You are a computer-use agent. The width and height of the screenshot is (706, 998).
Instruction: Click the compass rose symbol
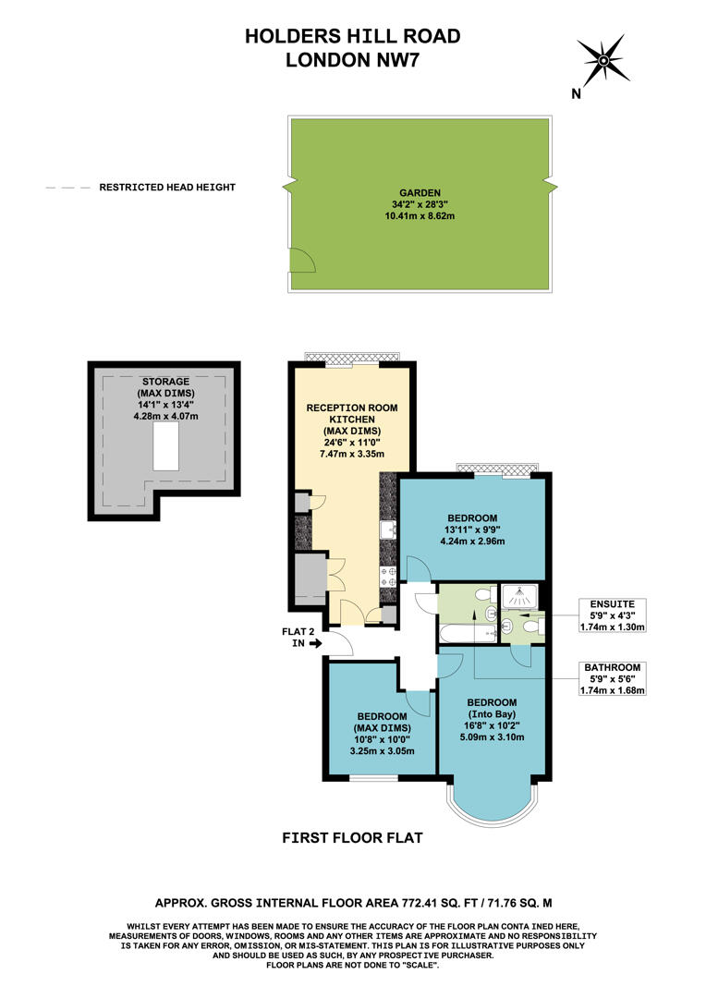(602, 61)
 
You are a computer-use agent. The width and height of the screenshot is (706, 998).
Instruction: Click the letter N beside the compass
(576, 93)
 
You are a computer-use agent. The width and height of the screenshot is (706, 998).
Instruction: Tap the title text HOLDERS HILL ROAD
(352, 36)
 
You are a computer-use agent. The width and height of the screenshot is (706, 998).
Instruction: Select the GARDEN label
(421, 192)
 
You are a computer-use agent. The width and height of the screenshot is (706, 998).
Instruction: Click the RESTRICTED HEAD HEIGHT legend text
(167, 188)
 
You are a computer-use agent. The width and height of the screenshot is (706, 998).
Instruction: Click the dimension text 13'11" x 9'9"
(472, 530)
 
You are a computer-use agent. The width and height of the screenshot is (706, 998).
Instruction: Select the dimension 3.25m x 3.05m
(382, 751)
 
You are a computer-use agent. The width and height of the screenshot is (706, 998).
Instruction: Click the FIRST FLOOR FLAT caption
(352, 838)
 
